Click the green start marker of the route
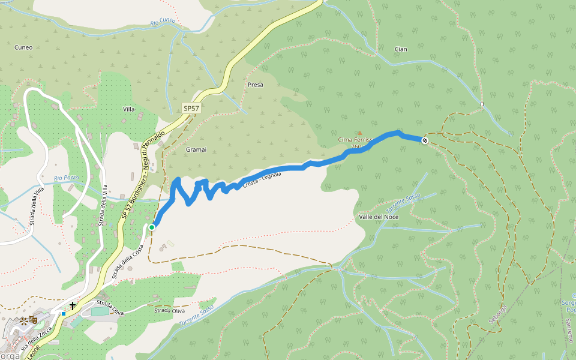pyautogui.click(x=152, y=227)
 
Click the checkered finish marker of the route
pyautogui.click(x=425, y=140)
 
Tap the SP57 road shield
pyautogui.click(x=191, y=108)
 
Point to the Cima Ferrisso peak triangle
pyautogui.click(x=360, y=133)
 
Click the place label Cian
pyautogui.click(x=401, y=49)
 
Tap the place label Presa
pyautogui.click(x=255, y=85)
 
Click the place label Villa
pyautogui.click(x=128, y=109)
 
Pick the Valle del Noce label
pyautogui.click(x=379, y=216)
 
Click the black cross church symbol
pyautogui.click(x=73, y=306)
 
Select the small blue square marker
pyautogui.click(x=64, y=313)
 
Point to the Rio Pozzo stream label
pyautogui.click(x=67, y=178)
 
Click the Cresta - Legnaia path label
pyautogui.click(x=262, y=181)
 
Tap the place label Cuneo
pyautogui.click(x=23, y=47)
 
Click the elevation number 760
pyautogui.click(x=356, y=146)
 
